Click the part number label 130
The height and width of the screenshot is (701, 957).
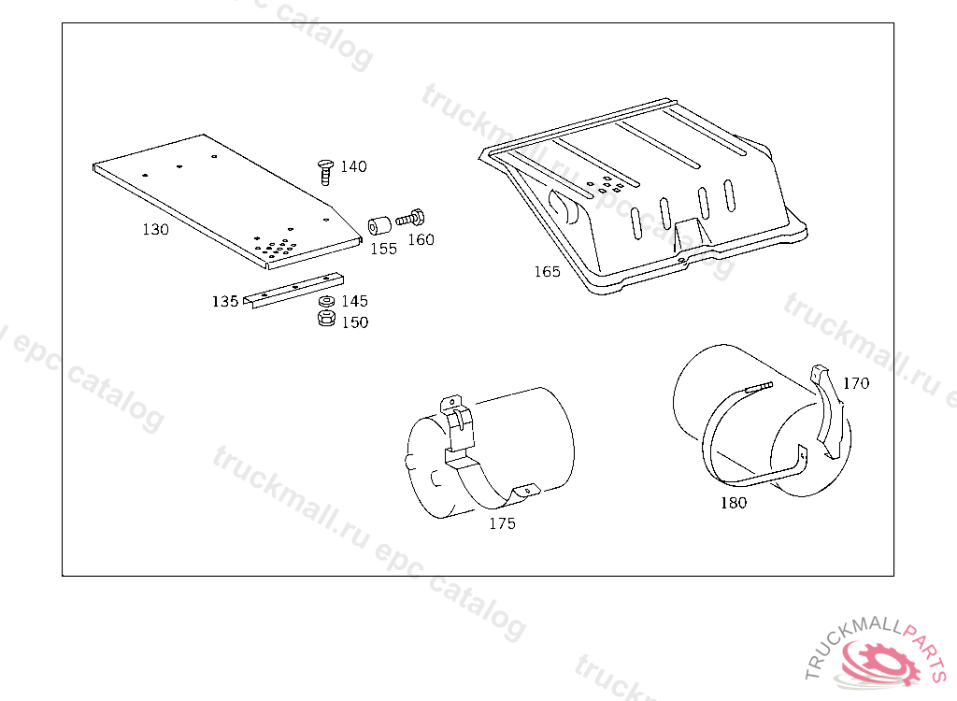click(155, 230)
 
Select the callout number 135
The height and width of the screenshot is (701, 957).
click(224, 302)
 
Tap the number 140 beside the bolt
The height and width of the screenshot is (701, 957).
click(353, 166)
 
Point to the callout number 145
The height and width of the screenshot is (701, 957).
click(354, 301)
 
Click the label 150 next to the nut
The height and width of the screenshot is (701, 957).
click(355, 322)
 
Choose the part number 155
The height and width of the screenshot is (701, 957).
click(383, 250)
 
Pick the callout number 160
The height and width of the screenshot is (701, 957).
click(421, 240)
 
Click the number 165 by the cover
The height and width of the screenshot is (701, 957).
click(548, 272)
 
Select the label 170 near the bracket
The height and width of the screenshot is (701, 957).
click(856, 383)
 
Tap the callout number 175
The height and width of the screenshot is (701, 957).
click(502, 524)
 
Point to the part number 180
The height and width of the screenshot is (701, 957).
click(734, 503)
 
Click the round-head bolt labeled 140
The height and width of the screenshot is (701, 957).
click(326, 172)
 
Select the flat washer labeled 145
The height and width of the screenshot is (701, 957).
click(326, 301)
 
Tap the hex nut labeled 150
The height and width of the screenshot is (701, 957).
click(326, 318)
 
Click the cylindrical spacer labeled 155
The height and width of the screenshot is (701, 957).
click(379, 225)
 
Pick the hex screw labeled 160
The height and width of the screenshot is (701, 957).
click(410, 218)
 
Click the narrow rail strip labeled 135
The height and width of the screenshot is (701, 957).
click(293, 290)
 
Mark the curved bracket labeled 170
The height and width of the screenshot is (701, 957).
click(830, 411)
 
